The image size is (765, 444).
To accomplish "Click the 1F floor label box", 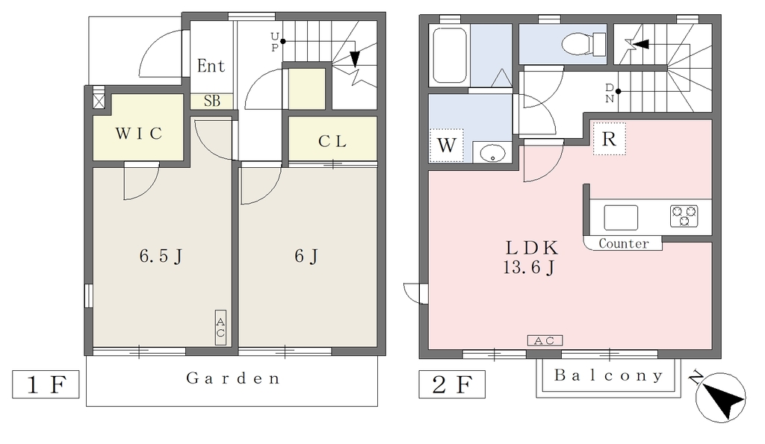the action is tap(46, 384).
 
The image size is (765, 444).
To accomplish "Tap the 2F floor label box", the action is tap(452, 384).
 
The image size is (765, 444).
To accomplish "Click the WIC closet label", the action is tap(138, 133).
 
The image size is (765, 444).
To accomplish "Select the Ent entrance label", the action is tap(211, 66).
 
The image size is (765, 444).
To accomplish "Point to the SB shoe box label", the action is tap(211, 101).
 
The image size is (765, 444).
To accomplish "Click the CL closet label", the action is tap(332, 141).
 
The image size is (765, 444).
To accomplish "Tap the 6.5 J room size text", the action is tap(161, 256).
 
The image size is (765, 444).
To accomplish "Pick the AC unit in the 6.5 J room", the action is tap(220, 328).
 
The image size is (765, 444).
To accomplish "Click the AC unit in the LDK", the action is tap(545, 341).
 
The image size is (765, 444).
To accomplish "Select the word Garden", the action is tap(233, 378).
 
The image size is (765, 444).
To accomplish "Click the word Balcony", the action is tap(608, 375).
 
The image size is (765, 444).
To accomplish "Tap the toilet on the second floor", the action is tap(583, 44).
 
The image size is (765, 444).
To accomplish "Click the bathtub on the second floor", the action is tap(450, 55).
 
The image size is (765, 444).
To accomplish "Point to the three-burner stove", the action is tap(684, 216).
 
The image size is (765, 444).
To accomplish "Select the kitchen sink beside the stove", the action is tap(621, 217).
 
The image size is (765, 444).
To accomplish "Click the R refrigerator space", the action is tap(610, 139).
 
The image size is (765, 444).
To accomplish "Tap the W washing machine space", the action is tap(447, 146).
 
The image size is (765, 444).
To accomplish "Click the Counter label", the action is tap(624, 243).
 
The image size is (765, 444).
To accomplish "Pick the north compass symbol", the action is tap(721, 397).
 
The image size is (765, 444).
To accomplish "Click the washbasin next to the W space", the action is tap(492, 154).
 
